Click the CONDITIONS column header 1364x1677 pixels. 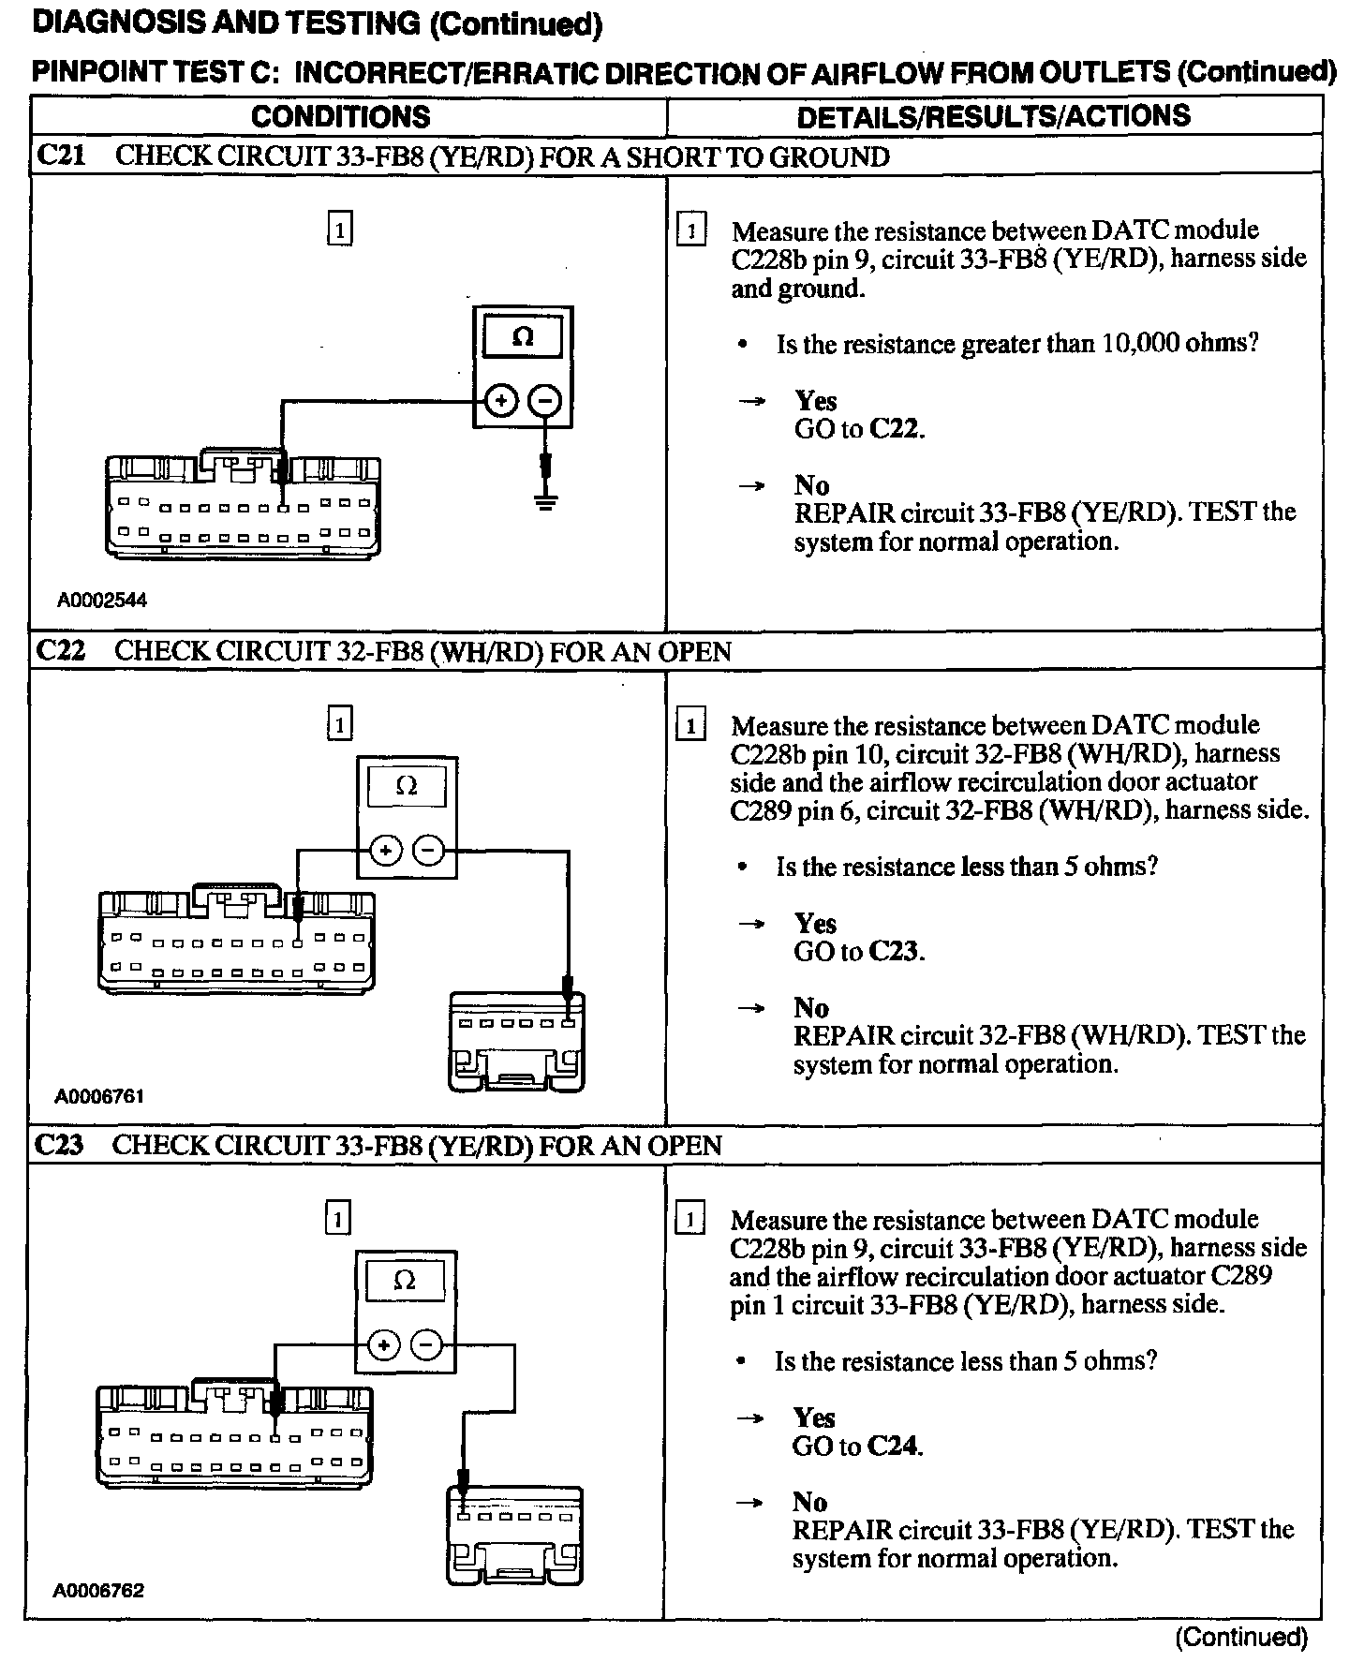click(x=340, y=116)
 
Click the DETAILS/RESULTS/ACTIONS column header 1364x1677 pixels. click(x=993, y=116)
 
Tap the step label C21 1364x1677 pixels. click(x=60, y=156)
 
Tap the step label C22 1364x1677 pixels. click(x=60, y=650)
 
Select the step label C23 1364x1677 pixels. click(x=59, y=1145)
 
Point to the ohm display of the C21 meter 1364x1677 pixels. click(x=523, y=337)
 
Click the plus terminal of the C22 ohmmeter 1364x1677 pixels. click(x=385, y=852)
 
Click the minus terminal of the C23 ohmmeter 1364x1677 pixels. click(x=426, y=1345)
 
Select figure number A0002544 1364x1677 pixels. click(x=102, y=601)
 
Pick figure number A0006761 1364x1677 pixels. click(x=100, y=1095)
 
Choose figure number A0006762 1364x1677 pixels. click(x=100, y=1590)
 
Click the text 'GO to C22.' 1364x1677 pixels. click(x=859, y=430)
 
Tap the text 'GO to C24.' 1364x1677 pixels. click(x=857, y=1447)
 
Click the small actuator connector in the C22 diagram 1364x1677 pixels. click(x=516, y=1042)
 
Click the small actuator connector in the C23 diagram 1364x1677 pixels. click(x=513, y=1536)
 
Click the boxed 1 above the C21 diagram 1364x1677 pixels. click(x=340, y=229)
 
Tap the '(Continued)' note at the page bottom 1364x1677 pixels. click(x=1241, y=1637)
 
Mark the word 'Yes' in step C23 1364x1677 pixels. click(x=814, y=1417)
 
